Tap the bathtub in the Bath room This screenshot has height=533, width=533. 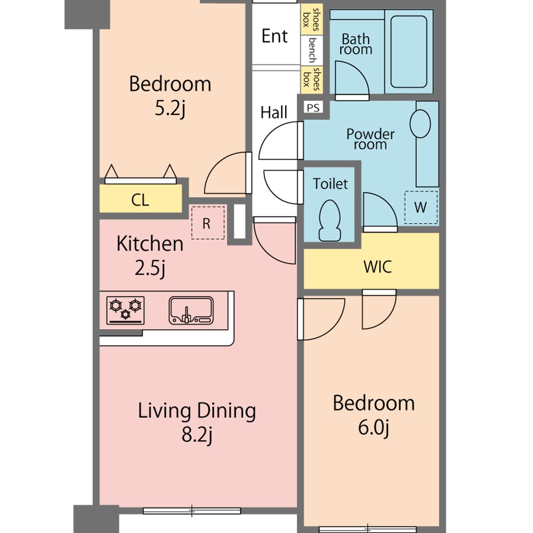tap(409, 52)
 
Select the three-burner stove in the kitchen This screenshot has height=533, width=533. tap(125, 310)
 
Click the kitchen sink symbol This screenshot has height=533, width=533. tap(191, 310)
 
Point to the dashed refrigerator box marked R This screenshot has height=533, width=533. tap(208, 222)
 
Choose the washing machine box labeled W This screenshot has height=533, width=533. tap(421, 207)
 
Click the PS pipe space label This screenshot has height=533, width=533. tap(313, 108)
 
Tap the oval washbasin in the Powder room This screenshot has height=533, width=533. tap(420, 124)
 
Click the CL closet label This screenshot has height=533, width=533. tap(140, 200)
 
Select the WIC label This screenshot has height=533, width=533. tap(377, 267)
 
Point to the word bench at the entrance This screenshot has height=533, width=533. tap(312, 50)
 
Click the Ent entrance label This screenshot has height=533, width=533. tap(274, 36)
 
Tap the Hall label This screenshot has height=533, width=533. tap(273, 112)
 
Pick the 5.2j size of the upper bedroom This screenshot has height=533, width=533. tap(170, 109)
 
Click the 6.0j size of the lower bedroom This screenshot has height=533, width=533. tap(373, 428)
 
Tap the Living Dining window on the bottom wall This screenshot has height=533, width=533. tap(192, 511)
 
